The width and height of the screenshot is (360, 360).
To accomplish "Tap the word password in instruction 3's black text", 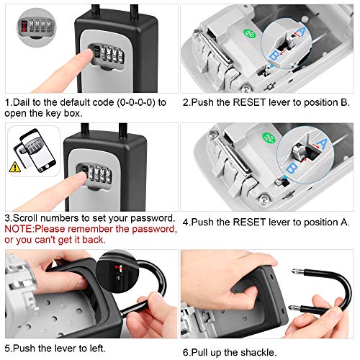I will [x=150, y=217].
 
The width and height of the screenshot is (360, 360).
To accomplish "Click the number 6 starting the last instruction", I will [x=186, y=351].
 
